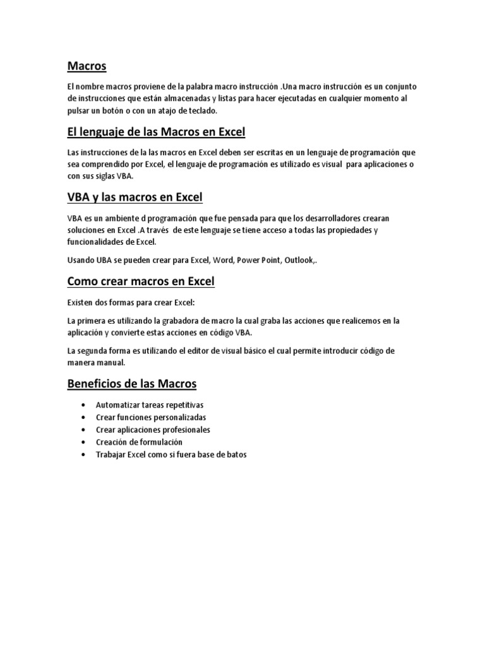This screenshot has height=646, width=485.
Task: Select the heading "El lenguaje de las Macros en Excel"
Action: [156, 132]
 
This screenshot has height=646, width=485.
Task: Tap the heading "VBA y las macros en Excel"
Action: [135, 197]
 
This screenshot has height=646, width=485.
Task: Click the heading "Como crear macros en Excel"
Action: [141, 281]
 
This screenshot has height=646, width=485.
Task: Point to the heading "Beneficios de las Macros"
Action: [132, 384]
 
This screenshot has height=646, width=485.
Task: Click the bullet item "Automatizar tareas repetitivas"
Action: [150, 405]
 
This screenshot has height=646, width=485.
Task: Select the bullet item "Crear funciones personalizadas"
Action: [151, 418]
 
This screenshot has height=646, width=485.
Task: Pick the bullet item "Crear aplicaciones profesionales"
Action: [153, 430]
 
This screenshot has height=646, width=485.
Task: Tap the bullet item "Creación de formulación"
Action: [139, 442]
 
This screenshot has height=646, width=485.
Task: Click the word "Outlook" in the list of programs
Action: [299, 260]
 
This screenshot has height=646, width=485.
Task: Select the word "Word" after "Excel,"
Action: [222, 260]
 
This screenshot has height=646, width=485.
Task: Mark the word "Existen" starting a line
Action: [80, 302]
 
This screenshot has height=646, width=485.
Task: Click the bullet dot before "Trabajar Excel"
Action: [83, 454]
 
